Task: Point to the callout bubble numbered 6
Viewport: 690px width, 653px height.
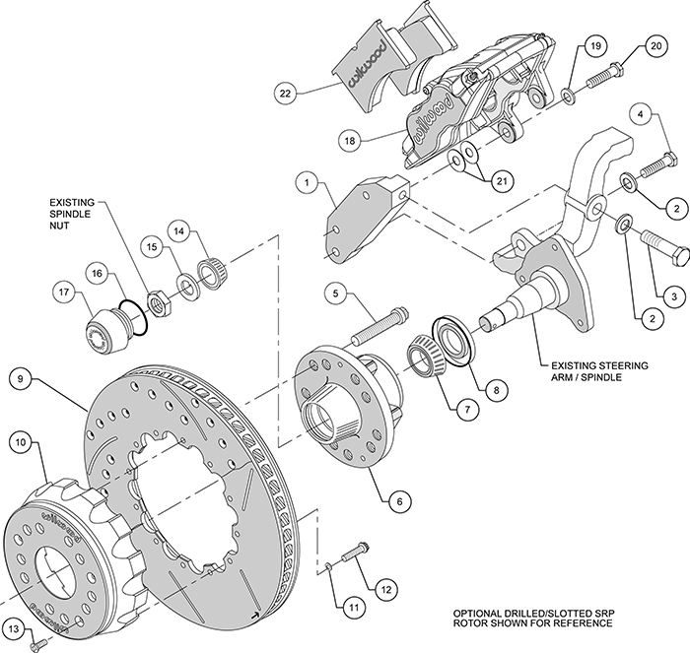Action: [399, 501]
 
